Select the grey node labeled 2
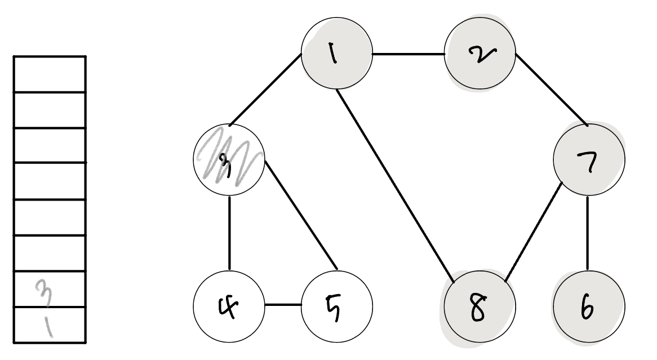coord(480,55)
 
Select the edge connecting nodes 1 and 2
coord(408,55)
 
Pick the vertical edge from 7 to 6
coord(589,231)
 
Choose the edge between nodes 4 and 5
coord(283,305)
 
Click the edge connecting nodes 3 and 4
coord(229,231)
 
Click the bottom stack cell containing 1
coord(50,325)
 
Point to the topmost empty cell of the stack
coord(50,74)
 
